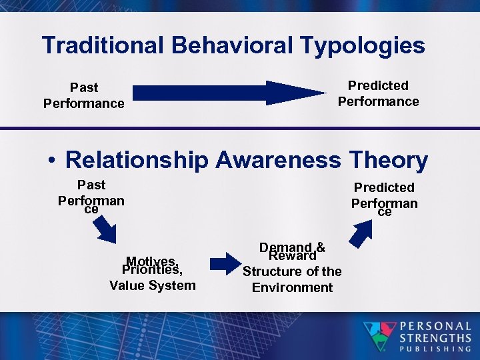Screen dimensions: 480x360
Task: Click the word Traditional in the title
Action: (103, 45)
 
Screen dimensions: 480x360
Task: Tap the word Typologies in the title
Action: (363, 45)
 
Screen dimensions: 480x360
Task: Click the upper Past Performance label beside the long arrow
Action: (83, 95)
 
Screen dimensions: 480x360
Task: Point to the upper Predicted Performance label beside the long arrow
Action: (378, 93)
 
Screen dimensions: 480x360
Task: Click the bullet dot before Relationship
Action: (51, 161)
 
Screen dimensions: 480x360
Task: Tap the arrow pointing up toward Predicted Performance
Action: (363, 233)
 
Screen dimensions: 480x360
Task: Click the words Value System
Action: (152, 285)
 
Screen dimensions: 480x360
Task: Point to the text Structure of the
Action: (292, 271)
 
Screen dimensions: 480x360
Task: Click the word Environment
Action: (292, 287)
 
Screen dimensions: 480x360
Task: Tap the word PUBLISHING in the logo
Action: (435, 348)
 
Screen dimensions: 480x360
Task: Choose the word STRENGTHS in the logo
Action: (435, 337)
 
